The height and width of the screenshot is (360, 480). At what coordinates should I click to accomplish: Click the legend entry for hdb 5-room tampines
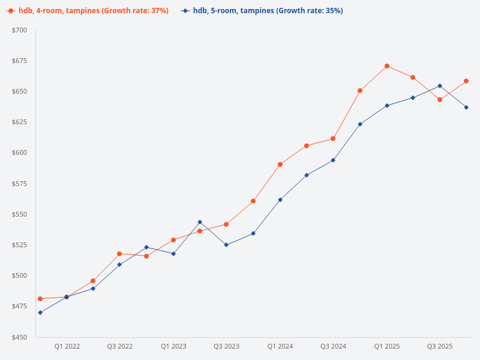(x=267, y=11)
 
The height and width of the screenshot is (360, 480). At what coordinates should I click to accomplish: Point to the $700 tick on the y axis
(x=19, y=30)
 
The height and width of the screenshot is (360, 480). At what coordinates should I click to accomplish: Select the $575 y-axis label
(x=19, y=184)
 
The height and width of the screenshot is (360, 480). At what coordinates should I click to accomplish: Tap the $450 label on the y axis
(x=19, y=337)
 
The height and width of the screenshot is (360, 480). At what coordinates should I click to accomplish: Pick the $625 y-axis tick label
(x=19, y=122)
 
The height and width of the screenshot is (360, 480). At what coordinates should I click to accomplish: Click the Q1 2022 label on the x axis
(x=67, y=346)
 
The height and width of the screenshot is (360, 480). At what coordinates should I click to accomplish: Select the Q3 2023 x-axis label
(x=226, y=346)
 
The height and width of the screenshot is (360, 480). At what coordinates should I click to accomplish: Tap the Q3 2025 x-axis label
(x=440, y=346)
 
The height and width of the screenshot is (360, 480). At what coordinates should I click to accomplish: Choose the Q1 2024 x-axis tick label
(x=280, y=346)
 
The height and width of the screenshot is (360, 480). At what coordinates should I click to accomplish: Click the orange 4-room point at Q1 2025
(x=387, y=66)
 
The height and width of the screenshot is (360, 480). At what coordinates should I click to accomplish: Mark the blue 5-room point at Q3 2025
(x=440, y=86)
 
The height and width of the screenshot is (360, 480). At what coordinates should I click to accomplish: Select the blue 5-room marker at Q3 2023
(x=226, y=245)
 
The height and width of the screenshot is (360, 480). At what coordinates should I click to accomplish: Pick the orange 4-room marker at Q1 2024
(x=280, y=164)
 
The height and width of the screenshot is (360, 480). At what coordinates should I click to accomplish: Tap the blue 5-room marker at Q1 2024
(x=280, y=200)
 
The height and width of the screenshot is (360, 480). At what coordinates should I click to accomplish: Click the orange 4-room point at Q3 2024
(x=333, y=139)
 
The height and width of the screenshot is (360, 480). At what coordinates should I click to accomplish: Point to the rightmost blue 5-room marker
(x=466, y=107)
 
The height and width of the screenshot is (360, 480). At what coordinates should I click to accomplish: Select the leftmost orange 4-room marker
(x=40, y=299)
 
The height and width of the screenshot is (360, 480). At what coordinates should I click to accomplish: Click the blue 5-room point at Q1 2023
(x=173, y=254)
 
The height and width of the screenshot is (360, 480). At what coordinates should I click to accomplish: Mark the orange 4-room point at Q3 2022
(x=119, y=254)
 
